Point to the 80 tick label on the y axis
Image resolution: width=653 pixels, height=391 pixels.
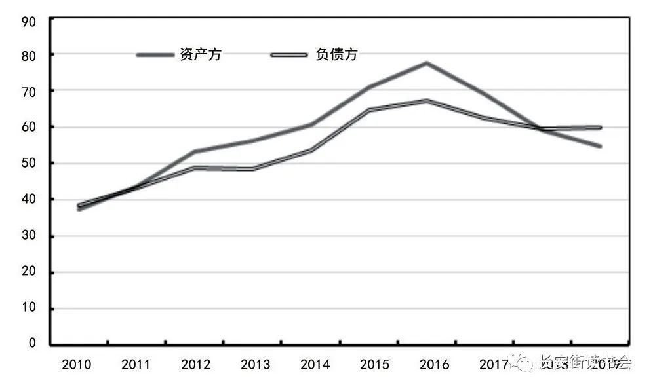click(28, 54)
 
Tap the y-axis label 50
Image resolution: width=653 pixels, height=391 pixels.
click(28, 163)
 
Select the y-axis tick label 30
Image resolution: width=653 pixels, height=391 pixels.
click(28, 236)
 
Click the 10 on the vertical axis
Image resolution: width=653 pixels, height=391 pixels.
click(28, 308)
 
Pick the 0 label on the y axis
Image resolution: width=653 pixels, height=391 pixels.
click(31, 343)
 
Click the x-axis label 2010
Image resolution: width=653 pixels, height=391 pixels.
click(77, 365)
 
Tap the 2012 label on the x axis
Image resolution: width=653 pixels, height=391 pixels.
click(196, 365)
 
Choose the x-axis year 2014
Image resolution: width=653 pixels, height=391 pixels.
click(315, 365)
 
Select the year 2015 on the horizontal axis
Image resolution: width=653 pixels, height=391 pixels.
click(375, 365)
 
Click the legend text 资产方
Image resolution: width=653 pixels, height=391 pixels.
click(200, 55)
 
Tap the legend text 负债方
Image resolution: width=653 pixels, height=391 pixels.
click(336, 55)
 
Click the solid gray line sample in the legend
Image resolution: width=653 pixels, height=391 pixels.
click(155, 55)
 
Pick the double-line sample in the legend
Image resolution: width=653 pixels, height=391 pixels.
click(289, 55)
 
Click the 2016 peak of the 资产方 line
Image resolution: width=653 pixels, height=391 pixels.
click(427, 63)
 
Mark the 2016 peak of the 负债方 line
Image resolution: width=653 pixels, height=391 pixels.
click(427, 100)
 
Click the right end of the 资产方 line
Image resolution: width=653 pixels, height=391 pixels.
click(600, 146)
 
